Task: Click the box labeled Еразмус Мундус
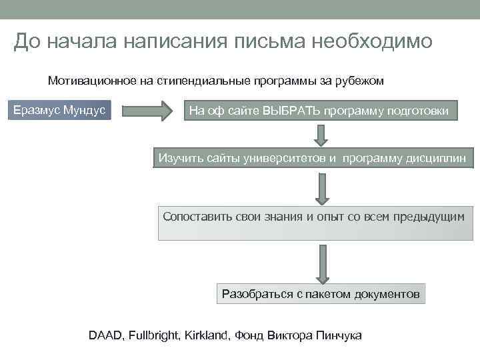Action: (x=60, y=110)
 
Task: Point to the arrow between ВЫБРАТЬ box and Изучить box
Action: (x=321, y=134)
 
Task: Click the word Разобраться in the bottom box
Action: (x=256, y=293)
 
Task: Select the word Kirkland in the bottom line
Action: (x=205, y=335)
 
